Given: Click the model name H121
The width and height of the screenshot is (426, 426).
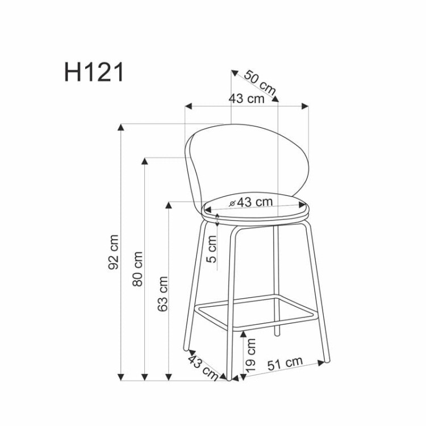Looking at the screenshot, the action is [x=94, y=72].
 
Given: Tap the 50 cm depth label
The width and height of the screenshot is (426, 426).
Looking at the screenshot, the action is [x=260, y=82].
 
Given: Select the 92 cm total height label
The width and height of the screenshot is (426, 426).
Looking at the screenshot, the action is [x=113, y=252].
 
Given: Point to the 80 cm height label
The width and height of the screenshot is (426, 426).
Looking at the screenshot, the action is [x=137, y=269].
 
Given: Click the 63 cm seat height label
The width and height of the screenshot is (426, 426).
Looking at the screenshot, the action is [x=162, y=294].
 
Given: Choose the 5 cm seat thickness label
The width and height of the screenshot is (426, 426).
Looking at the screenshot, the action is [x=212, y=249].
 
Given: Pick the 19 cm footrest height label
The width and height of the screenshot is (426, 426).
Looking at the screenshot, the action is [x=250, y=355].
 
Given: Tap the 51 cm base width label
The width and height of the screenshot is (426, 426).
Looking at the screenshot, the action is [x=285, y=364].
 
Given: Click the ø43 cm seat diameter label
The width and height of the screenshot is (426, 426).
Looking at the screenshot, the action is [x=250, y=202].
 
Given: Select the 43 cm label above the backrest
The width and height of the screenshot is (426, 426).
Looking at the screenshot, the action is [x=247, y=98].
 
